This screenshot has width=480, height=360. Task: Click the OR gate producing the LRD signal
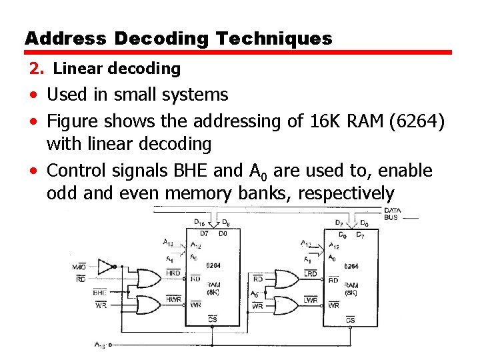[x=283, y=279]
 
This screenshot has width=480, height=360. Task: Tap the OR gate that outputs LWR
[x=283, y=305]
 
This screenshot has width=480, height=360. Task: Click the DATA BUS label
[x=393, y=214]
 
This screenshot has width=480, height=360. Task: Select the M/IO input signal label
[x=79, y=267]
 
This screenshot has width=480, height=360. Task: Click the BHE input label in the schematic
[x=99, y=293]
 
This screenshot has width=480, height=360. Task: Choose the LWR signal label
[x=310, y=299]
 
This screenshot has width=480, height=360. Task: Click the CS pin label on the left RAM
[x=212, y=319]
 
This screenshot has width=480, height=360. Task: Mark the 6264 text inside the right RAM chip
[x=351, y=266]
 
